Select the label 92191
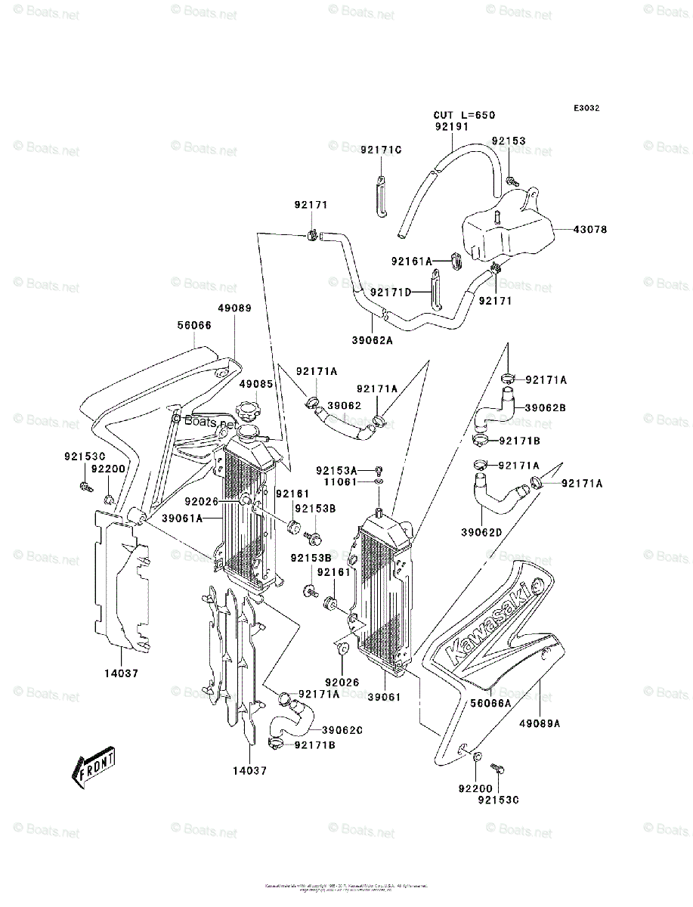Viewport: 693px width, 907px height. click(x=451, y=127)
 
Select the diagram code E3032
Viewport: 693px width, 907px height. click(x=586, y=108)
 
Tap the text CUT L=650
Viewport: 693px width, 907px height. click(x=464, y=116)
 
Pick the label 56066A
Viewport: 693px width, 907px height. click(x=491, y=702)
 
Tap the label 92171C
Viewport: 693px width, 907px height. click(x=380, y=150)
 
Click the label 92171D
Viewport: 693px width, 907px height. click(x=391, y=292)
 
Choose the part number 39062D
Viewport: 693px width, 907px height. click(x=483, y=532)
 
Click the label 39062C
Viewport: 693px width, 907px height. click(x=342, y=729)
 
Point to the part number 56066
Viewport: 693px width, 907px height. click(x=194, y=325)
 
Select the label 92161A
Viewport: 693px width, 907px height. click(x=411, y=262)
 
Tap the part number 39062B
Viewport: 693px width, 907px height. click(x=545, y=407)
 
